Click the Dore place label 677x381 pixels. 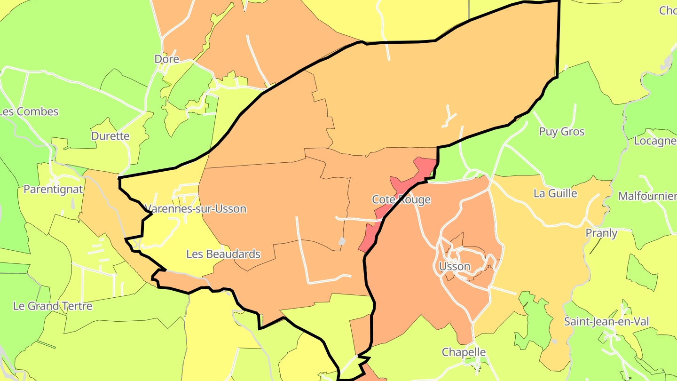(167, 59)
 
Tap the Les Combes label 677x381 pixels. (29, 112)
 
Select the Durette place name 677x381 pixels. (110, 136)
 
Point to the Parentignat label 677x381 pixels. (53, 190)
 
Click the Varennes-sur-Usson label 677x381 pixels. (196, 209)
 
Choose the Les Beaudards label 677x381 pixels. (223, 254)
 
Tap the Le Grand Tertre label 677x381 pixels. (53, 306)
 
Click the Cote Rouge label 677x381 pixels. (401, 200)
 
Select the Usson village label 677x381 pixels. (454, 267)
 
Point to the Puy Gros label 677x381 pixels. (561, 132)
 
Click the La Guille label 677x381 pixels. (555, 193)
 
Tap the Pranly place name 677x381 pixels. (601, 233)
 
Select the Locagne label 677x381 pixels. (655, 141)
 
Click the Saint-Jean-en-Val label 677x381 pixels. (606, 322)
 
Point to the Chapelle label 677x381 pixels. (464, 352)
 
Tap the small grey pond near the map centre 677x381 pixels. (342, 241)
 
